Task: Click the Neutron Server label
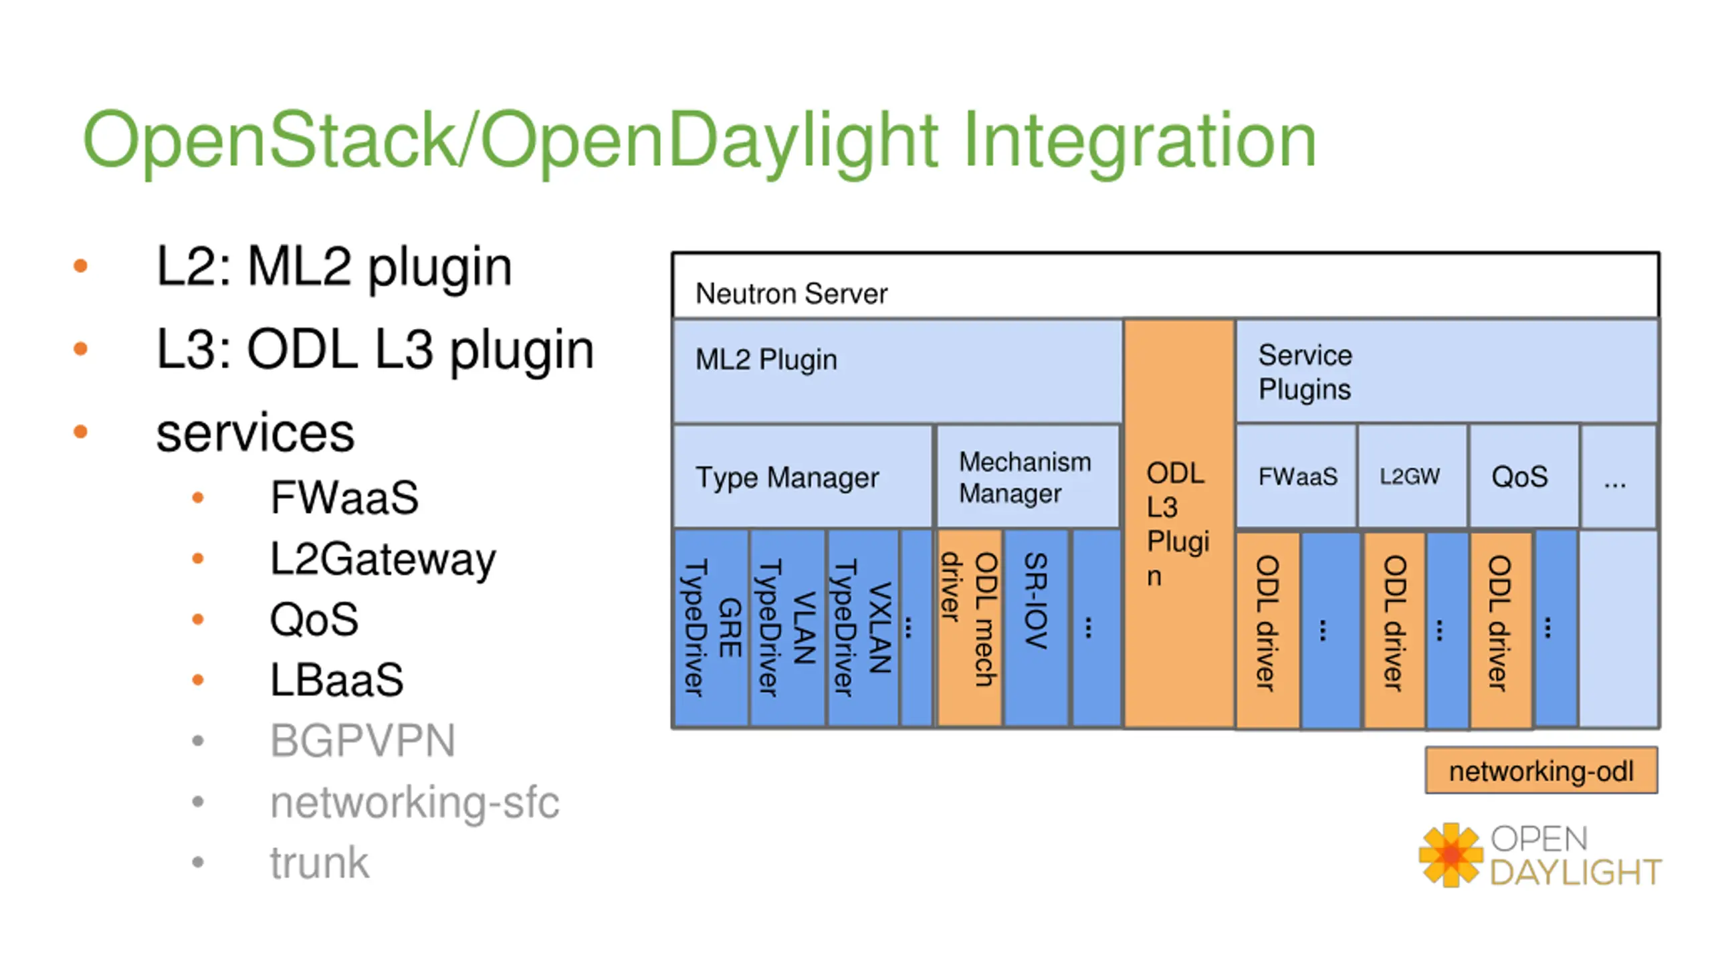[x=791, y=294]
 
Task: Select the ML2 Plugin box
[x=897, y=371]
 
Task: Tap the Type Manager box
[x=802, y=476]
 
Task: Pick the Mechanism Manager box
[x=1028, y=476]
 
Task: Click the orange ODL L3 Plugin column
[x=1179, y=523]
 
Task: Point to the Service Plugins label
[x=1305, y=372]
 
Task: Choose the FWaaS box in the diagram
[x=1296, y=476]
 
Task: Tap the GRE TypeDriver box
[x=711, y=628]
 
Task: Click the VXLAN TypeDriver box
[x=862, y=628]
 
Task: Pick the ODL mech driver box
[x=969, y=628]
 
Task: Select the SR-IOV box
[x=1036, y=628]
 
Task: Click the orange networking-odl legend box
[x=1541, y=770]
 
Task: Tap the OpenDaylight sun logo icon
[x=1450, y=855]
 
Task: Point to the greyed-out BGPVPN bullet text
[x=362, y=740]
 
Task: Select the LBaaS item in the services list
[x=336, y=679]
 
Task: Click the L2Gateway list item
[x=383, y=560]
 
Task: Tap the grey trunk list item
[x=319, y=862]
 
